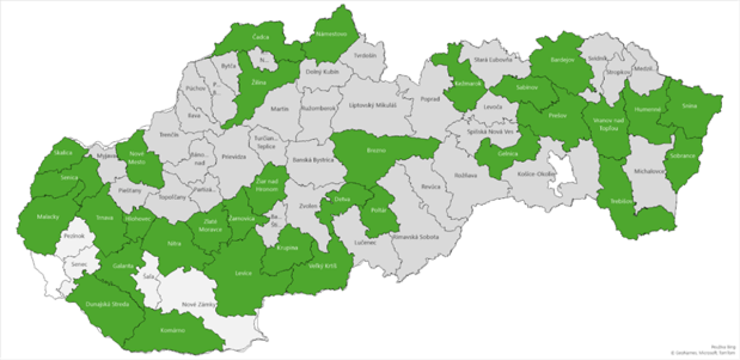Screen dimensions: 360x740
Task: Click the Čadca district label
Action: pyautogui.click(x=260, y=38)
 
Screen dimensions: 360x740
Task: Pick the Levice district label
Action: pyautogui.click(x=243, y=273)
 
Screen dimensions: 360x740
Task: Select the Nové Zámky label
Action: pyautogui.click(x=197, y=305)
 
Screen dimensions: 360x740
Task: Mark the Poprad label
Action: pyautogui.click(x=430, y=99)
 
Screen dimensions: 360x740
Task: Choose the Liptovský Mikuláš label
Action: pyautogui.click(x=372, y=105)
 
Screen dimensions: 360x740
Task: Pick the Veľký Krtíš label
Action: pyautogui.click(x=321, y=267)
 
